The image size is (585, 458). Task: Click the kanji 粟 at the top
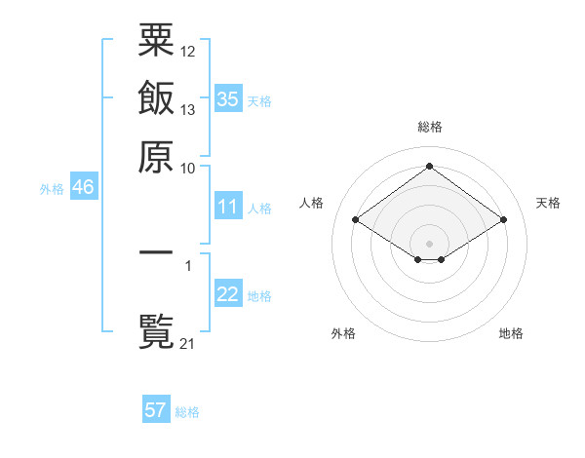coord(156,41)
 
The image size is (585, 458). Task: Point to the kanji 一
coord(156,252)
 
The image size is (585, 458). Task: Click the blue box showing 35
coord(227,99)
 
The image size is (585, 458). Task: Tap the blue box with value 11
coord(227,207)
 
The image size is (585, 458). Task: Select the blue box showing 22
coord(227,294)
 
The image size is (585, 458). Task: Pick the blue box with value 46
coord(83,188)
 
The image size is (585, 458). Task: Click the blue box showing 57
coord(156,410)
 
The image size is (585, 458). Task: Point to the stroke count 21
coord(188,342)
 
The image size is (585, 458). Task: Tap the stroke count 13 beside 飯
coord(188,110)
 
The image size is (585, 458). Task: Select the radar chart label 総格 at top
coord(430,127)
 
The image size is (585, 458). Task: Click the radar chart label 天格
coord(548,203)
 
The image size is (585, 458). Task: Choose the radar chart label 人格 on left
coord(312,203)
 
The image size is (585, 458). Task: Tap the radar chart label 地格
coord(511,333)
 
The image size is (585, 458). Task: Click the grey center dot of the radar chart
coord(430,243)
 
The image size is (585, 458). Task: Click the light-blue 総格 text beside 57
coord(187,412)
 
